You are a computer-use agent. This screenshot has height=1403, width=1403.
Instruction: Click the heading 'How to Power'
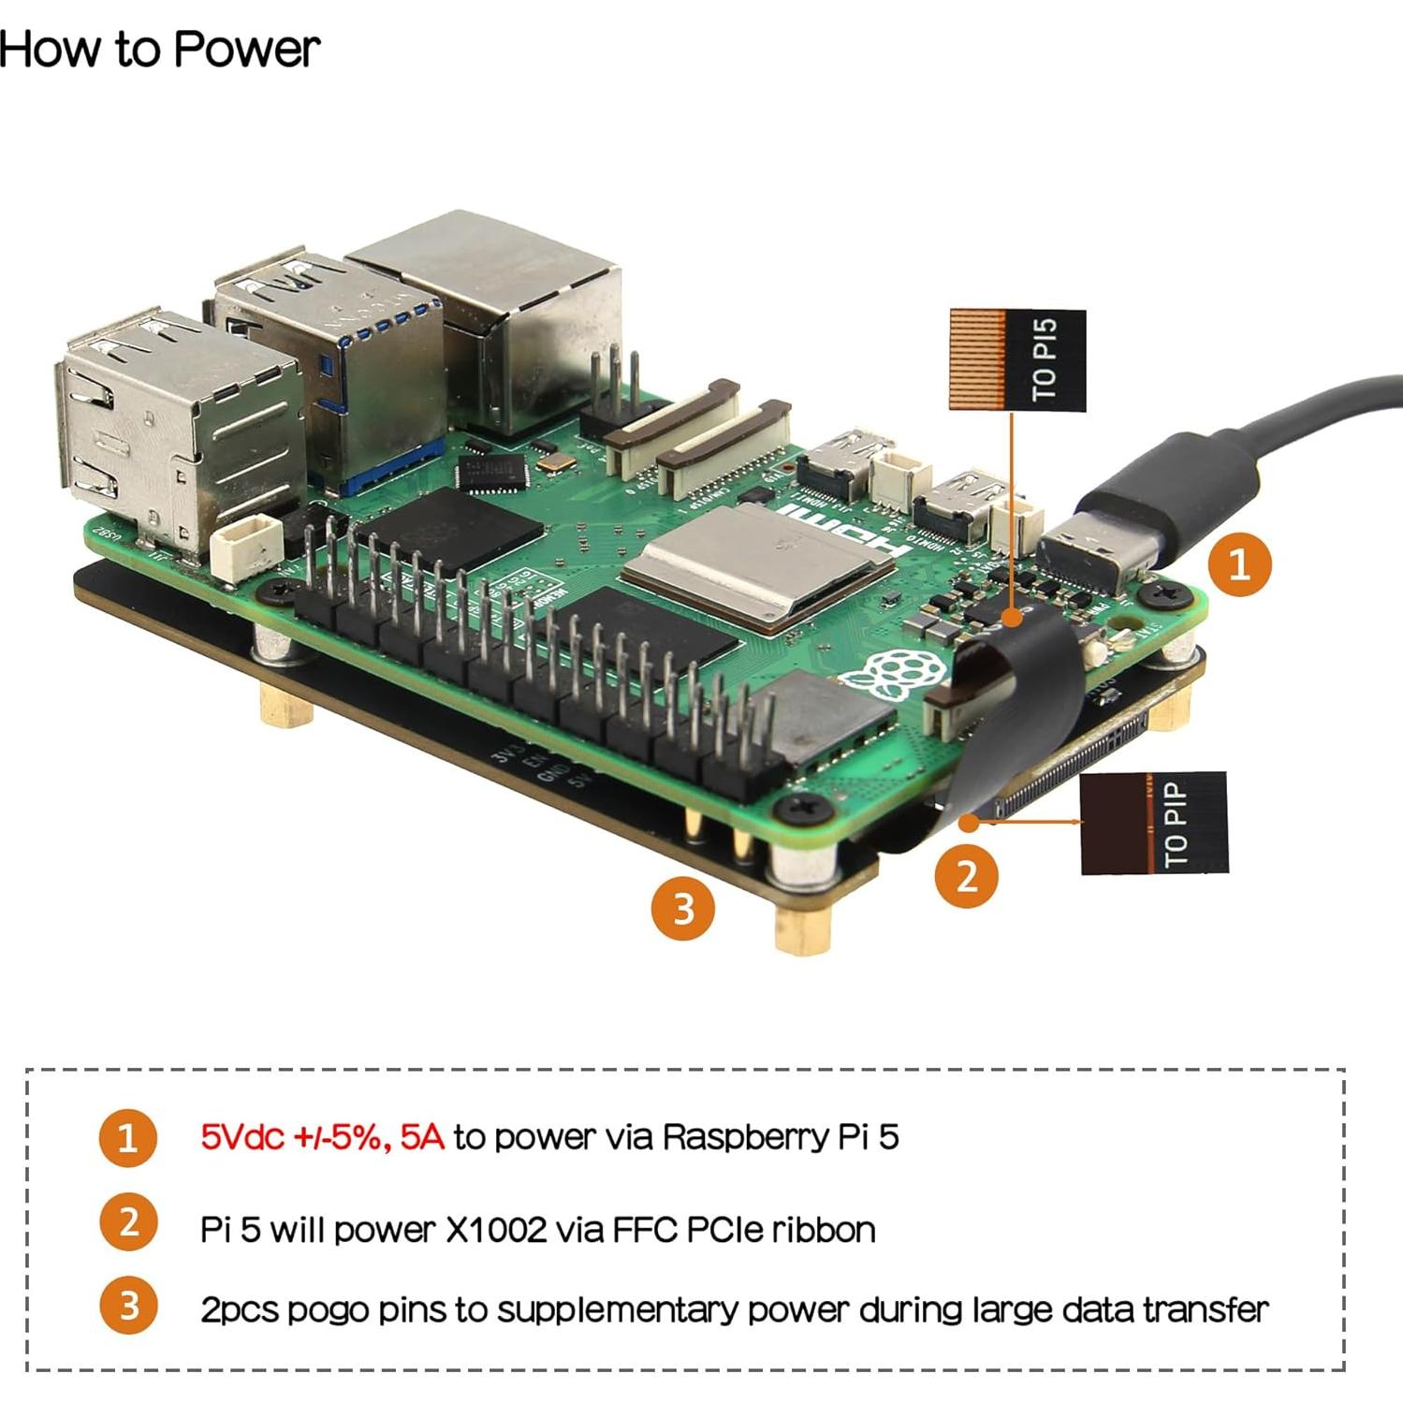[159, 49]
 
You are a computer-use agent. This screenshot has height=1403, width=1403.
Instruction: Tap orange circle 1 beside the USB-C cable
[1238, 564]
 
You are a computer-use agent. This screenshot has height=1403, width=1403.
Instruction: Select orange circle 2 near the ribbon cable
[966, 875]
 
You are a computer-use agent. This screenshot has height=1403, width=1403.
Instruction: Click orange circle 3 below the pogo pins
[683, 908]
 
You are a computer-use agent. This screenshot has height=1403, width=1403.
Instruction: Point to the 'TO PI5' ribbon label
[1017, 360]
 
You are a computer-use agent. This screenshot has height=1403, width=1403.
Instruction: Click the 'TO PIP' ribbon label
[1153, 823]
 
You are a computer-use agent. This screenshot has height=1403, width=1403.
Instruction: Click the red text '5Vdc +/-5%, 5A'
[322, 1137]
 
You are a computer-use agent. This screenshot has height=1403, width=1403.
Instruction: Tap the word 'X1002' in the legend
[495, 1229]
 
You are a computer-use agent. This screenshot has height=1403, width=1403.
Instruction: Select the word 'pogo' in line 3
[327, 1309]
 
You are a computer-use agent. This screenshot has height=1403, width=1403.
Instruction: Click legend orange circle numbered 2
[128, 1221]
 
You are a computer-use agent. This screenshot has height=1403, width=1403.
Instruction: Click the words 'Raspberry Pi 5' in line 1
[781, 1137]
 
